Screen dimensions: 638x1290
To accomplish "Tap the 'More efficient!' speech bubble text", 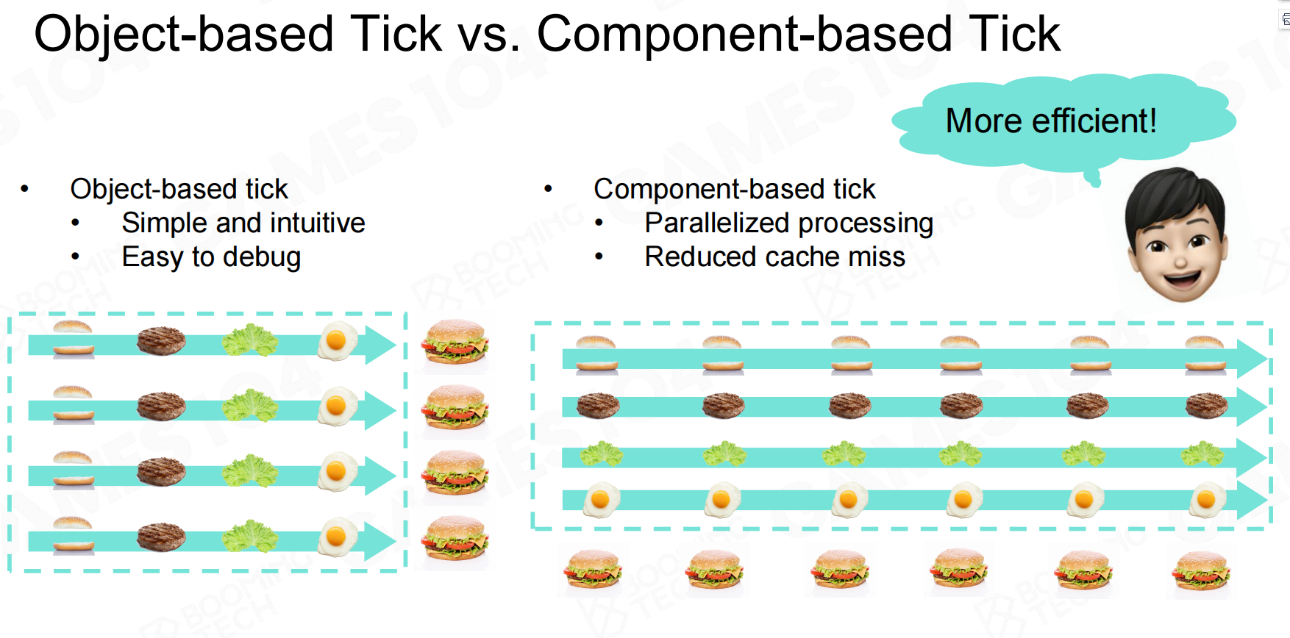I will coord(1050,121).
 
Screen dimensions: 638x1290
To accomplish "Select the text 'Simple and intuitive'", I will coord(243,223).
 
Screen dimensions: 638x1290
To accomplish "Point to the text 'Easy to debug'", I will coord(211,257).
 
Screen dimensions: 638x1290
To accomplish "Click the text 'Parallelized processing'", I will coord(788,223).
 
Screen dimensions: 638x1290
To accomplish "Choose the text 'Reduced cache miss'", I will coord(774,257).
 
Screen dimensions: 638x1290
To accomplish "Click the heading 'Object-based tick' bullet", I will coord(179,189).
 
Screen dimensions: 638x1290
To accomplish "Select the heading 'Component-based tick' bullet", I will coord(734,189).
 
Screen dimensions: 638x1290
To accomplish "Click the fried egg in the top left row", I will coord(337,341).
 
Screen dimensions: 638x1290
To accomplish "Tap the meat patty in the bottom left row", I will coord(161,537).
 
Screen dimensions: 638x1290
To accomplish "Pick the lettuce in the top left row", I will coord(250,340).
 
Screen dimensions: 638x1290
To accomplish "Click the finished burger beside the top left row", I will coord(455,342).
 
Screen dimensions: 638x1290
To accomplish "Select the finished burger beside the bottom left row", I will coord(455,539).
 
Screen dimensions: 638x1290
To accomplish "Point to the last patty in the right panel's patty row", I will coord(1206,405).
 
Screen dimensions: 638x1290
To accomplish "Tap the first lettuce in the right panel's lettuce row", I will coord(602,454).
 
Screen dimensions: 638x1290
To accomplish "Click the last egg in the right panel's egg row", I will coord(1207,500).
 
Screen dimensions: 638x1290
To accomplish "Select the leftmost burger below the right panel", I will coord(593,570).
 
